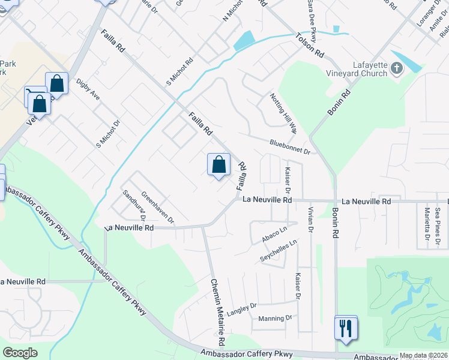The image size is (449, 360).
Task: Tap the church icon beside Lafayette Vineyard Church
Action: tap(396, 68)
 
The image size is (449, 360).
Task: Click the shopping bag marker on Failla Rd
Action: tap(218, 164)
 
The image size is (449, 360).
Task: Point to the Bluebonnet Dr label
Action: tap(289, 147)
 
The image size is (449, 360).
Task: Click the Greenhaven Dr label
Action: tap(158, 208)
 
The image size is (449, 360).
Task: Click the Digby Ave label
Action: tap(88, 90)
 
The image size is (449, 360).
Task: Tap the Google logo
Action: tap(20, 353)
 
